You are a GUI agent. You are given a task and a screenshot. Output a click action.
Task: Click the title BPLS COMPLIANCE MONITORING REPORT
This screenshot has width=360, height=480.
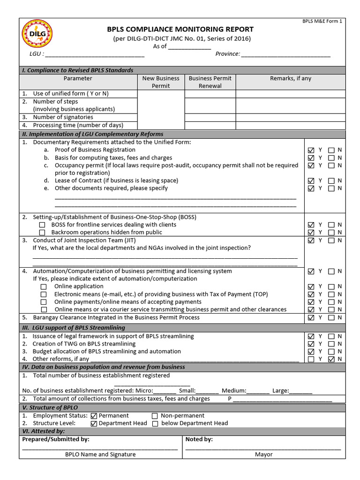click(x=180, y=29)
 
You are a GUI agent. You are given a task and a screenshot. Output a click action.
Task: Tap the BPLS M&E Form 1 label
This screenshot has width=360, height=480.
click(x=329, y=22)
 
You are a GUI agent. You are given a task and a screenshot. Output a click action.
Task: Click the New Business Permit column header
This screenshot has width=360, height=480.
click(x=161, y=82)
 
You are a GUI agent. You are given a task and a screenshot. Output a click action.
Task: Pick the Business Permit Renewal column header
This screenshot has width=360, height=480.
click(x=210, y=82)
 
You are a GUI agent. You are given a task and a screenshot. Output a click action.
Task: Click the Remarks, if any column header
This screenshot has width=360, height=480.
click(x=290, y=78)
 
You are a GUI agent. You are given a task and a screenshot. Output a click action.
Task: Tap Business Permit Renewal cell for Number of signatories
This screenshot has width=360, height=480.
click(x=210, y=117)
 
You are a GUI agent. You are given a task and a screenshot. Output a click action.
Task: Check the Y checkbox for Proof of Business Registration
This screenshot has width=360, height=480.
click(x=311, y=150)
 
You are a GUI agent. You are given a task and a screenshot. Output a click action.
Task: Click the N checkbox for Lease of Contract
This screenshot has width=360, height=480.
click(x=331, y=181)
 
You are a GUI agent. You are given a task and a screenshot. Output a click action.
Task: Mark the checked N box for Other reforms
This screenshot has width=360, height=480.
click(x=331, y=360)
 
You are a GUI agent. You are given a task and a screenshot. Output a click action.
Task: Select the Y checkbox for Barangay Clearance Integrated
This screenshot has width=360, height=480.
click(x=311, y=318)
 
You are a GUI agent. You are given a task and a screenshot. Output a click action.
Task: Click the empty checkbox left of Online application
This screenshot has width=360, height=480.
click(x=44, y=287)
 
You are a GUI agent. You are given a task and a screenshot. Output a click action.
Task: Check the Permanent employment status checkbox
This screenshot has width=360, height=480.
click(x=94, y=416)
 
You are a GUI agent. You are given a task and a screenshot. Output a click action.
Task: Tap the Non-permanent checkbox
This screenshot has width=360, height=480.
click(x=155, y=416)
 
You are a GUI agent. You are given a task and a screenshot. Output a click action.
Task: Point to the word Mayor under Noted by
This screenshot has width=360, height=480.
click(x=264, y=454)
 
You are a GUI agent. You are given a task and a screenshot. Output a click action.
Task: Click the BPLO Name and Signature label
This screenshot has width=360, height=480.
click(x=100, y=454)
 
